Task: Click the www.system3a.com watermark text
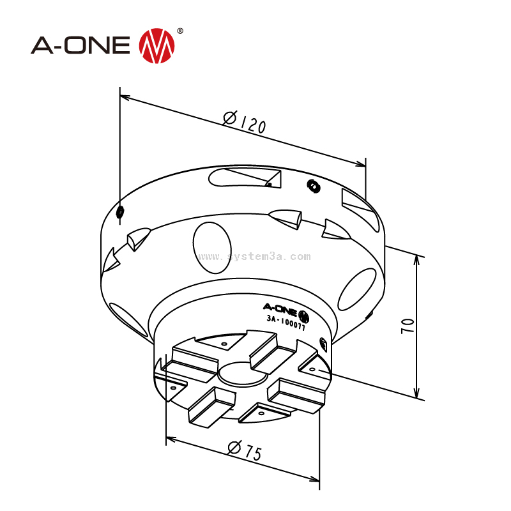(x=255, y=257)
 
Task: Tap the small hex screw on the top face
(x=313, y=186)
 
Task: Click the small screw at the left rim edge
(x=121, y=211)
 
